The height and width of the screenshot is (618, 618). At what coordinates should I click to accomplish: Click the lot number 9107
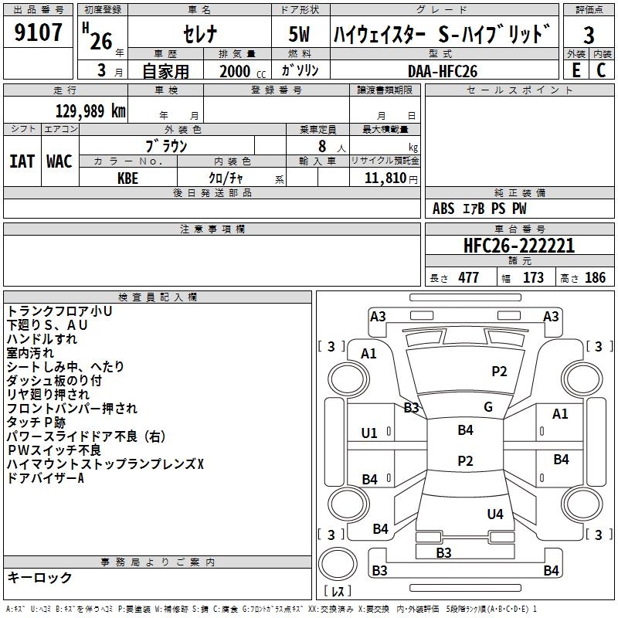click(38, 32)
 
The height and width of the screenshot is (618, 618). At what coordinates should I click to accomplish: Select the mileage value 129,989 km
click(90, 111)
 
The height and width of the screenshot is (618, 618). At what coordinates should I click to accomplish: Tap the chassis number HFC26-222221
click(519, 246)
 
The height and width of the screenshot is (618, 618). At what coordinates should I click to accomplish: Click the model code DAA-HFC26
click(443, 71)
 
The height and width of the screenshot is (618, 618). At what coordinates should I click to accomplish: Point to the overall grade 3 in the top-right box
click(589, 36)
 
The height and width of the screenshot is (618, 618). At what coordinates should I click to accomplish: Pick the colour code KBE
click(127, 178)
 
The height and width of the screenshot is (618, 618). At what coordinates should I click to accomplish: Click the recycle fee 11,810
click(385, 178)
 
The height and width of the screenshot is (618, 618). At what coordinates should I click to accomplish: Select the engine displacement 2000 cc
click(243, 71)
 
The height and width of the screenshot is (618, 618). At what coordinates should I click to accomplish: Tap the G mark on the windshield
click(488, 407)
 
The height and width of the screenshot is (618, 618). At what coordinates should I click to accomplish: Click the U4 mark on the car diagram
click(495, 514)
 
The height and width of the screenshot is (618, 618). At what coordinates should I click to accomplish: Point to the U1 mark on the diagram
click(369, 433)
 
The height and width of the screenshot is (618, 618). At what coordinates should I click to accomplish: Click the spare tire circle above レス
click(338, 564)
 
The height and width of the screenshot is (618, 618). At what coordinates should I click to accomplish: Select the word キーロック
click(39, 577)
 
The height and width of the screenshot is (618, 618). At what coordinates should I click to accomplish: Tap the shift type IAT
click(22, 161)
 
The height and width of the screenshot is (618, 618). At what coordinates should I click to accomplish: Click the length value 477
click(469, 277)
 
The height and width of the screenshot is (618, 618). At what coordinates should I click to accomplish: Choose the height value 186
click(595, 277)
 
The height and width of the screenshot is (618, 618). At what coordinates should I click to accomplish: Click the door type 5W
click(299, 34)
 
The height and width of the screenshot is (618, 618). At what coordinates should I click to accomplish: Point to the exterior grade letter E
click(576, 70)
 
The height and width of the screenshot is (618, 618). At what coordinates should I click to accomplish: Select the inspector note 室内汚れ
click(30, 353)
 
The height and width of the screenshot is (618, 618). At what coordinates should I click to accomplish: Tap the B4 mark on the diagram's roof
click(466, 430)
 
